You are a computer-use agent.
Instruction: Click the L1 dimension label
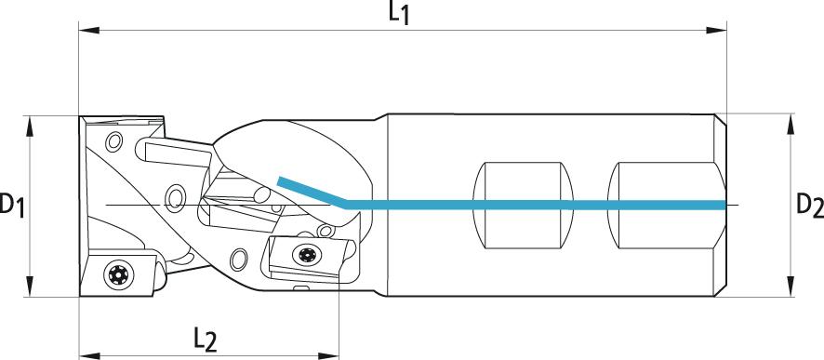[x=399, y=13]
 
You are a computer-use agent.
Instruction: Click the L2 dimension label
[x=205, y=340]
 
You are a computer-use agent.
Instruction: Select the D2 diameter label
[x=809, y=205]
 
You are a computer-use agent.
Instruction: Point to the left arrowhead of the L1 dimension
[x=88, y=31]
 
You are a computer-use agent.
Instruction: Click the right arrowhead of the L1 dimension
[x=716, y=31]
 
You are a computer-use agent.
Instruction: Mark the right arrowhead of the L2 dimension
[x=328, y=355]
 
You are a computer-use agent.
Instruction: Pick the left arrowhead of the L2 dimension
[x=89, y=355]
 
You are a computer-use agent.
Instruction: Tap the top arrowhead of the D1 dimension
[x=30, y=126]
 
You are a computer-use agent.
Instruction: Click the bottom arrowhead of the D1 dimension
[x=30, y=287]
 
